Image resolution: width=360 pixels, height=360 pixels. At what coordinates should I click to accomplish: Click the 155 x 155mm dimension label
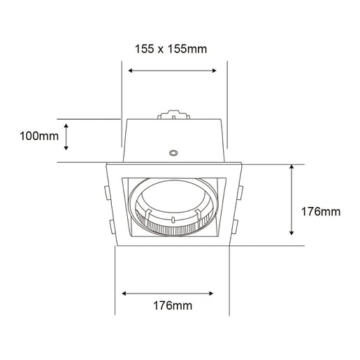click(x=171, y=48)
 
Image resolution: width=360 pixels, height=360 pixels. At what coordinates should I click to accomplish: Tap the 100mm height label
click(x=39, y=136)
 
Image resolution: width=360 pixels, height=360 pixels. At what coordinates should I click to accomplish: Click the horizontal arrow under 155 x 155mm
click(x=173, y=70)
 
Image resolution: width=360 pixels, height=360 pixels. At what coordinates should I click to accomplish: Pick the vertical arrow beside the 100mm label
click(x=66, y=136)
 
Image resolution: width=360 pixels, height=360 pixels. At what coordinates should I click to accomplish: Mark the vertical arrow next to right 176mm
click(x=291, y=201)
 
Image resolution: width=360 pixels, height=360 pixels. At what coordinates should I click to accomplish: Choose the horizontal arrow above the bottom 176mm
click(x=172, y=292)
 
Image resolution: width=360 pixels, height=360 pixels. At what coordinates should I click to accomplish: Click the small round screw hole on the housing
click(x=173, y=151)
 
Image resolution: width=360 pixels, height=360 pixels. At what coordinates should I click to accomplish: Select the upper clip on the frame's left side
click(x=106, y=192)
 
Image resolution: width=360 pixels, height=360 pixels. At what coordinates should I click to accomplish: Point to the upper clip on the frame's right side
click(x=240, y=192)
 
